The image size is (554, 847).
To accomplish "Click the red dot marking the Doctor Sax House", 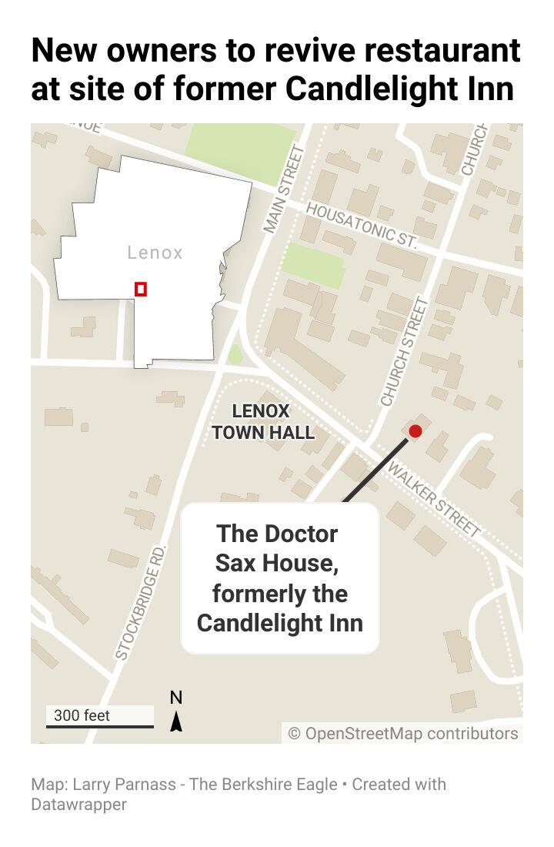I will pyautogui.click(x=415, y=431).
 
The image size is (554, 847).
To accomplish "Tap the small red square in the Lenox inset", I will pyautogui.click(x=141, y=289).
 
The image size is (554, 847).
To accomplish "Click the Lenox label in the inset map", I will pyautogui.click(x=155, y=253).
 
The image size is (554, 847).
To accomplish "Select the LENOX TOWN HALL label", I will pyautogui.click(x=263, y=422).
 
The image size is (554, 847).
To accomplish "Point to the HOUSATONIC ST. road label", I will pyautogui.click(x=362, y=225).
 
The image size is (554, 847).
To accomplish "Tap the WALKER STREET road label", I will pyautogui.click(x=434, y=498).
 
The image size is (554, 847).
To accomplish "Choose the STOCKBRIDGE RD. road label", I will pyautogui.click(x=140, y=602).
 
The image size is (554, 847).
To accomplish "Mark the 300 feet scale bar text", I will pyautogui.click(x=82, y=715).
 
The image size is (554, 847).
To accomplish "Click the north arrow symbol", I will pyautogui.click(x=176, y=721).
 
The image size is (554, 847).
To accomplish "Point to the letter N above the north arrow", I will pyautogui.click(x=176, y=698).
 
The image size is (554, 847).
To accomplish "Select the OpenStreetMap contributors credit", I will pyautogui.click(x=403, y=733).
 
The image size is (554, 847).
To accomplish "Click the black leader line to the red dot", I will pyautogui.click(x=375, y=469).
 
